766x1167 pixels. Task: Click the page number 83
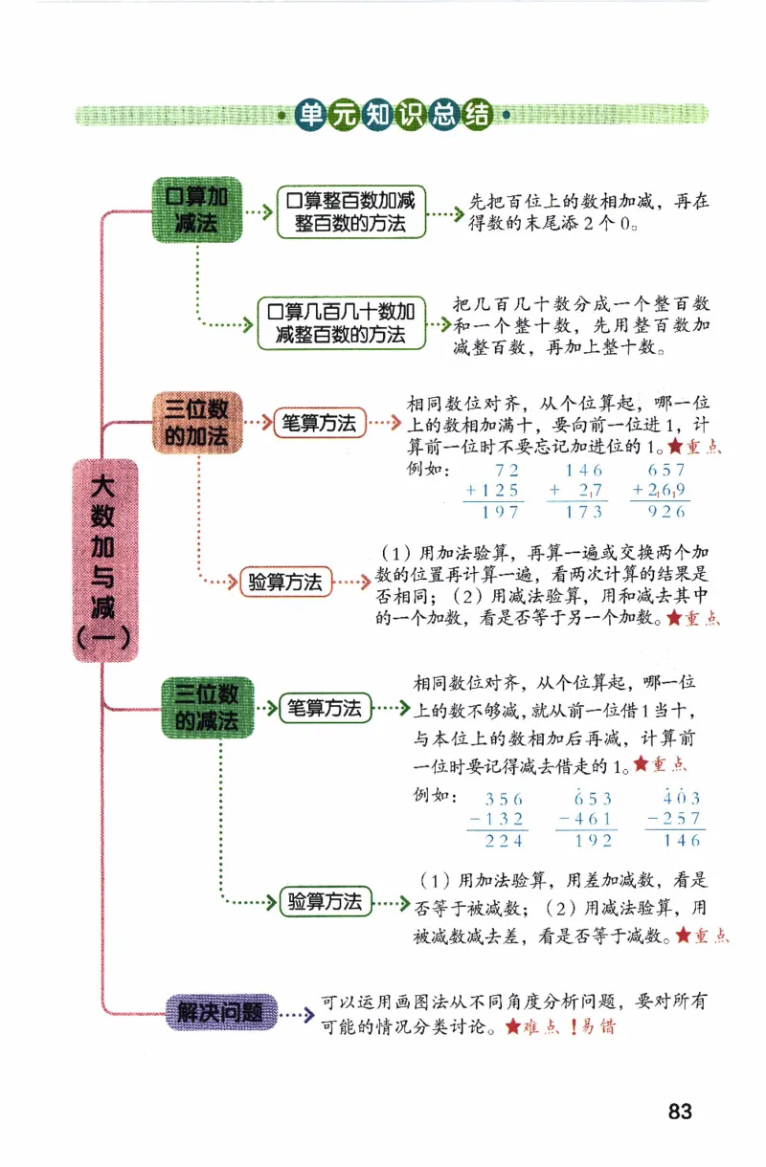coord(680,1112)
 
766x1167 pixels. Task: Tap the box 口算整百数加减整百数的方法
coord(351,211)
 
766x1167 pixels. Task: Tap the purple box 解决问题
coord(221,1011)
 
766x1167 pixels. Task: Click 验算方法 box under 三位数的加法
coord(285,582)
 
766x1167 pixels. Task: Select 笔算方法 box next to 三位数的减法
coord(325,709)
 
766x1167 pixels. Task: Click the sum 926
coord(666,512)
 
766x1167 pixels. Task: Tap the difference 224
coord(505,841)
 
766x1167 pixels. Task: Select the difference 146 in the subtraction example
coord(681,841)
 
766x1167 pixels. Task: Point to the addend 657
coord(666,470)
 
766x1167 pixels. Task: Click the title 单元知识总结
coord(393,115)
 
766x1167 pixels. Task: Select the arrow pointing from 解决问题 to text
coord(298,1015)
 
